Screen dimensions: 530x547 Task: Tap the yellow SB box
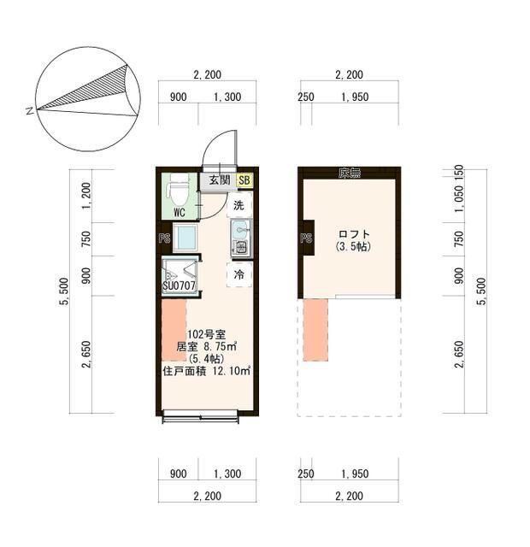point(244,180)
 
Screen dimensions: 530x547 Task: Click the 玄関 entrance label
point(220,180)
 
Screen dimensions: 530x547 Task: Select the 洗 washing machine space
point(239,205)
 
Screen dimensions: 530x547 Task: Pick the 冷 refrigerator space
point(239,274)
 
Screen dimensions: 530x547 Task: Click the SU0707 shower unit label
point(179,285)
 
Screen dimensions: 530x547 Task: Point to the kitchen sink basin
point(240,230)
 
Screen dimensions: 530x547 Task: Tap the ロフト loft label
point(354,234)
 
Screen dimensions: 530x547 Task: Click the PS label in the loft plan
point(306,238)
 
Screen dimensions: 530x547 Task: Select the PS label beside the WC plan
point(164,238)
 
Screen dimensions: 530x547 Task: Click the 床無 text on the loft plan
point(350,173)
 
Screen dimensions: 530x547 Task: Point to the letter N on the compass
point(30,112)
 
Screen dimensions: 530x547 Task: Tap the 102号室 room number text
point(207,334)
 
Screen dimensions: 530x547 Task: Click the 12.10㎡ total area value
point(232,371)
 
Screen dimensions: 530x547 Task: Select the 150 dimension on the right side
point(460,171)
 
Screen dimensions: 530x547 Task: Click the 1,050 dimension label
point(460,198)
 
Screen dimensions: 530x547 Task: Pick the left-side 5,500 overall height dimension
point(64,291)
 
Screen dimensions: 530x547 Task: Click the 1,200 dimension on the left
point(86,196)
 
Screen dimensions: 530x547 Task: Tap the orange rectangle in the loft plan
point(315,330)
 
